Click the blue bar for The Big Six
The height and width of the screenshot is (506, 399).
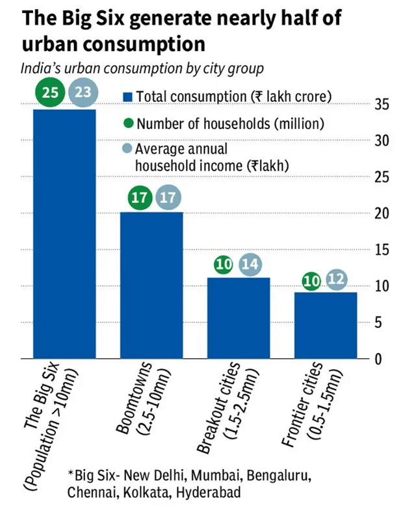[65, 234]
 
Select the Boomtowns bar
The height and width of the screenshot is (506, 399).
[151, 285]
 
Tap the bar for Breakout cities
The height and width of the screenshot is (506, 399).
[238, 318]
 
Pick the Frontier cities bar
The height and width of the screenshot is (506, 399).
[326, 325]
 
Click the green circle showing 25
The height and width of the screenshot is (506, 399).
[50, 92]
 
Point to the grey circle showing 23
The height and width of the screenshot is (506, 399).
[83, 92]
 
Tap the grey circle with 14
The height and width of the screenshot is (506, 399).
[250, 264]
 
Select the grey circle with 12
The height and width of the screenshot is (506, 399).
[336, 279]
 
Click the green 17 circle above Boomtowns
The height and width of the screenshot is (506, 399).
[140, 197]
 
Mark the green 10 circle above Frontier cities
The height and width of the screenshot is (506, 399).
[311, 281]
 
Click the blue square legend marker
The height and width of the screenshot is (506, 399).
[128, 97]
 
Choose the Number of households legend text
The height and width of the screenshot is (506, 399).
[230, 124]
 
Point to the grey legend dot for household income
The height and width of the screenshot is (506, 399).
[128, 149]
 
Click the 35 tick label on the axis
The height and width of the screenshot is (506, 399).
[382, 104]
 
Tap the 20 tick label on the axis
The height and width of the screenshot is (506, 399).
[382, 213]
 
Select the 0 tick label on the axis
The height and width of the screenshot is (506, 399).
[378, 359]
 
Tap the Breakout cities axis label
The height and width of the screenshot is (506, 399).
[228, 408]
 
